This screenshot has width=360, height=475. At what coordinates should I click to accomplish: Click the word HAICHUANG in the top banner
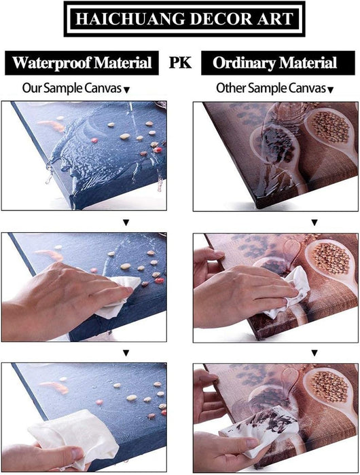[x=130, y=19]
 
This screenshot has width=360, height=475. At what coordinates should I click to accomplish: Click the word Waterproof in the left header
[x=51, y=63]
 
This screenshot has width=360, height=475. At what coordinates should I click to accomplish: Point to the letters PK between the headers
[x=180, y=62]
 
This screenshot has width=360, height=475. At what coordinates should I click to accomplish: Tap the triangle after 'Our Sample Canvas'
[x=127, y=90]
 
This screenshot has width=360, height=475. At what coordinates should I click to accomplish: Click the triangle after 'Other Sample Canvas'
[x=331, y=90]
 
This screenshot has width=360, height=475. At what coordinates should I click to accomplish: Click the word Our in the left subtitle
[x=31, y=88]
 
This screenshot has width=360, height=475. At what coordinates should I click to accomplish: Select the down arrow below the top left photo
[x=126, y=223]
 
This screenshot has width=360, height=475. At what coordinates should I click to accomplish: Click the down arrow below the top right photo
[x=314, y=223]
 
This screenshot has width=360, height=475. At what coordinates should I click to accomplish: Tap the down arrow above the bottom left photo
[x=126, y=354]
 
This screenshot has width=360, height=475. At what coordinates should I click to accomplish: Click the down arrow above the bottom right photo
[x=314, y=354]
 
